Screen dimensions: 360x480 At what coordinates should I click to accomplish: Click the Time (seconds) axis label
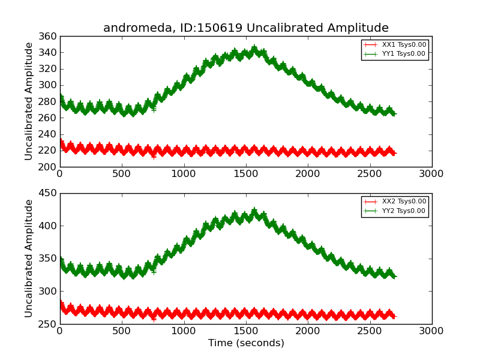click(x=246, y=343)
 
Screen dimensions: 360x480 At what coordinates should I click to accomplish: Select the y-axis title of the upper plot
click(x=29, y=101)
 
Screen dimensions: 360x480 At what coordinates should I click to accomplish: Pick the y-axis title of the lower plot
click(x=29, y=259)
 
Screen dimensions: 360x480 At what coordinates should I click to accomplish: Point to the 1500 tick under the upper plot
click(x=245, y=174)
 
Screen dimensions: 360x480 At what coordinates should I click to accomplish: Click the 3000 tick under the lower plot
click(x=431, y=331)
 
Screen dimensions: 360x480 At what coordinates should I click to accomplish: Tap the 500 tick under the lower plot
click(x=122, y=331)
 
